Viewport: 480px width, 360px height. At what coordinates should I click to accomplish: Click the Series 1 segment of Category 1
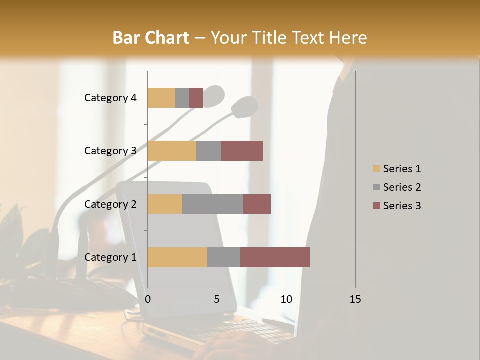pyautogui.click(x=177, y=257)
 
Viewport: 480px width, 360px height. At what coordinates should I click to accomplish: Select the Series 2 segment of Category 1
pyautogui.click(x=224, y=257)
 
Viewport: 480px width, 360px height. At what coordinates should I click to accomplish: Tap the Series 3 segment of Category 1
pyautogui.click(x=275, y=257)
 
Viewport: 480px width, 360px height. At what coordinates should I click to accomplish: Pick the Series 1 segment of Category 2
pyautogui.click(x=165, y=204)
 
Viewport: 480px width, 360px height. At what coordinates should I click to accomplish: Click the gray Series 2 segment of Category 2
pyautogui.click(x=213, y=204)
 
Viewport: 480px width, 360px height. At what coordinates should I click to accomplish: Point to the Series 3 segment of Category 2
pyautogui.click(x=257, y=204)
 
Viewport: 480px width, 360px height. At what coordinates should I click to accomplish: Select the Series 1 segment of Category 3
pyautogui.click(x=172, y=151)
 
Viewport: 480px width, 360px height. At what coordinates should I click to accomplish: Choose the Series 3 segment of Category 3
pyautogui.click(x=242, y=151)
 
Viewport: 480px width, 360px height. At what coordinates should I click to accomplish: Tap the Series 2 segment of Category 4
pyautogui.click(x=182, y=98)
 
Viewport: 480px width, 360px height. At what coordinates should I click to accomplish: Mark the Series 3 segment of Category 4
pyautogui.click(x=196, y=98)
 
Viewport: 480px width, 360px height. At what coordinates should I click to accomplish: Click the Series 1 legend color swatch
pyautogui.click(x=376, y=169)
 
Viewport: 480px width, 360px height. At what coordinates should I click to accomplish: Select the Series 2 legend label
pyautogui.click(x=402, y=187)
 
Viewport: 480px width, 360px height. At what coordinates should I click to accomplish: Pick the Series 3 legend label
pyautogui.click(x=402, y=206)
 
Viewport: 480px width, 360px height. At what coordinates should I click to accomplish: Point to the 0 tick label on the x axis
pyautogui.click(x=148, y=299)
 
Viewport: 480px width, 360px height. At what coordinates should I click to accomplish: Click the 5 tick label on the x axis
pyautogui.click(x=217, y=299)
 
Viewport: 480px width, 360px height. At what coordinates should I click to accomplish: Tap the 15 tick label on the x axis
pyautogui.click(x=355, y=299)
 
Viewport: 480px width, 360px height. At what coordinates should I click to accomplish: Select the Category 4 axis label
pyautogui.click(x=110, y=98)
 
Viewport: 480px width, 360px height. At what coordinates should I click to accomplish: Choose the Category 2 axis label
pyautogui.click(x=110, y=204)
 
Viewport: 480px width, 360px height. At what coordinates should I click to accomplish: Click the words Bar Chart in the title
pyautogui.click(x=151, y=38)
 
